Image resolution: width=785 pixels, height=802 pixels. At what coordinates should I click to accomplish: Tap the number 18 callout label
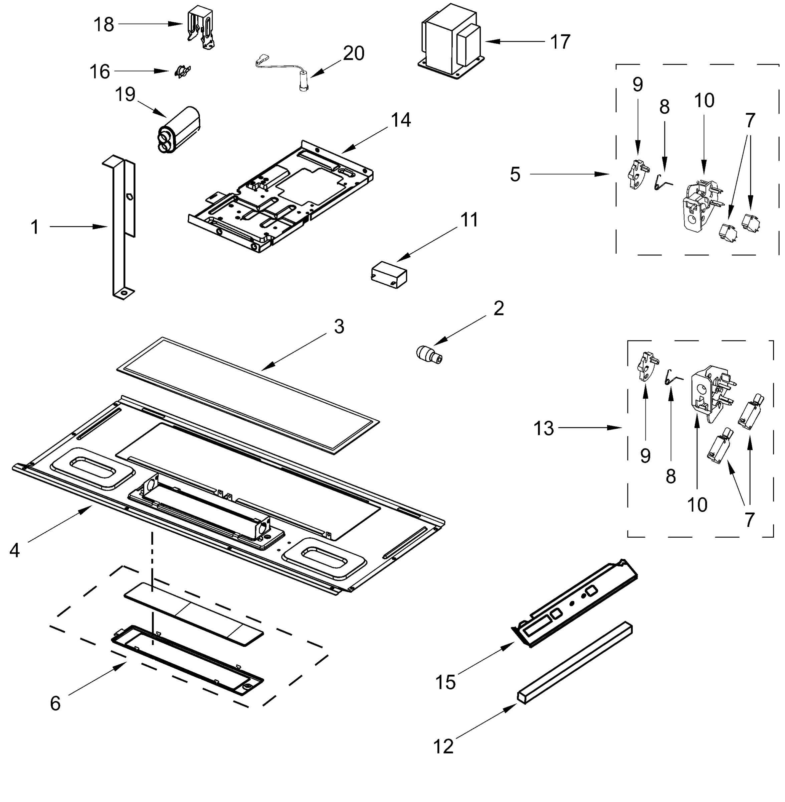[x=104, y=25]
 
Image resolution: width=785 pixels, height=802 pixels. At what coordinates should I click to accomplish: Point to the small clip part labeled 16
[x=180, y=72]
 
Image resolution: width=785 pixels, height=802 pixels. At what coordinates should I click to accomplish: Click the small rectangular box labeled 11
[x=389, y=274]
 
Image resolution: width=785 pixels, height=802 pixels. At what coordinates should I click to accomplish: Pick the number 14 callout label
[x=401, y=120]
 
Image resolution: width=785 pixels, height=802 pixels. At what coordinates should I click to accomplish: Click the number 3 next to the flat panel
[x=339, y=327]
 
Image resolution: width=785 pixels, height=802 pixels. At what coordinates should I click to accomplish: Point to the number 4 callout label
[x=14, y=550]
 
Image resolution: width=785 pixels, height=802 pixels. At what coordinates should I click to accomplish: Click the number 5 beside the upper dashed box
[x=515, y=174]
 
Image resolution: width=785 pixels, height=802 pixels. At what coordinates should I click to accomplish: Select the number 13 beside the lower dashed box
[x=543, y=429]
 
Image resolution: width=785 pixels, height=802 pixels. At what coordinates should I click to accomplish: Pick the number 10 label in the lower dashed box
[x=697, y=505]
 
